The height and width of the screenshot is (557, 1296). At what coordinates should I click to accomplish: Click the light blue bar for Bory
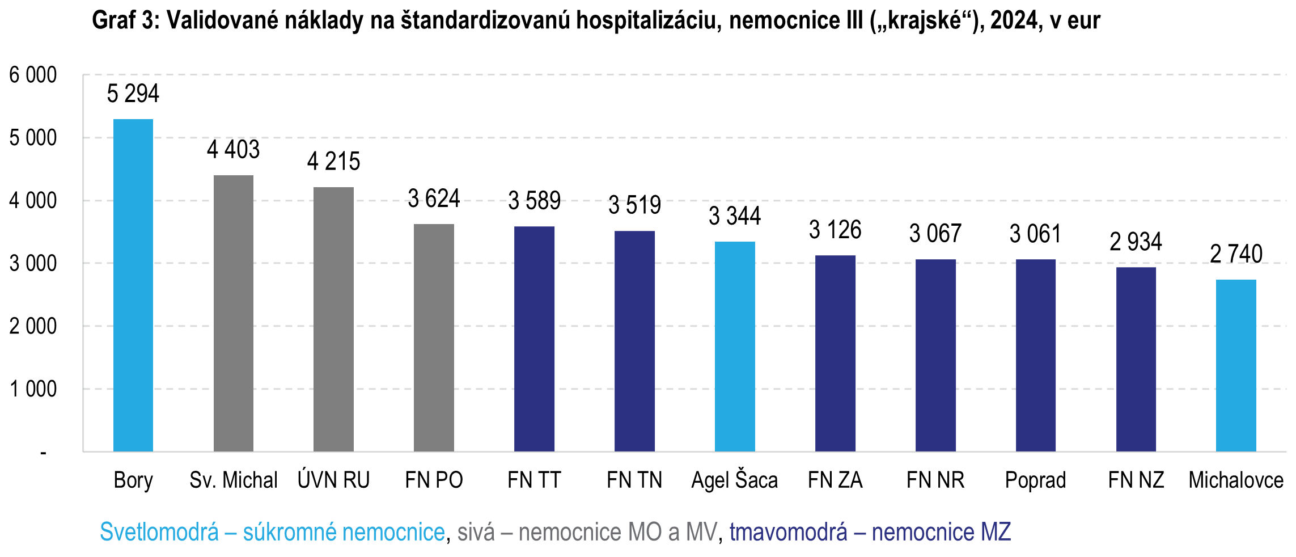133,285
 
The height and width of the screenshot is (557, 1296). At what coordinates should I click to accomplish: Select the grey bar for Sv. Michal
234,313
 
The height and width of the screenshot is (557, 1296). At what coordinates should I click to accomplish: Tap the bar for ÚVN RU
333,319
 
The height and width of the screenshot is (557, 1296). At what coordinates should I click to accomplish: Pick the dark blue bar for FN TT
534,339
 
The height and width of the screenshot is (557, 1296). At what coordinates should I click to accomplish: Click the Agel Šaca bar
735,347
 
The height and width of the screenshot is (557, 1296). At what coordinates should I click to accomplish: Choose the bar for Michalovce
1236,365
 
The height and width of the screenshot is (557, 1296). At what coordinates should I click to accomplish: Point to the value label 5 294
133,94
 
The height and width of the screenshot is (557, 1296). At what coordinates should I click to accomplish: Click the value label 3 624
434,199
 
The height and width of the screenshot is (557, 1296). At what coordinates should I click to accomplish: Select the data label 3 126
835,230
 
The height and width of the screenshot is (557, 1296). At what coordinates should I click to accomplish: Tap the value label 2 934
1136,242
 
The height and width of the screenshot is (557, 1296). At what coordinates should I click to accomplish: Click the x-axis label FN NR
935,480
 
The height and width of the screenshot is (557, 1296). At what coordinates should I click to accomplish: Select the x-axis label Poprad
1035,480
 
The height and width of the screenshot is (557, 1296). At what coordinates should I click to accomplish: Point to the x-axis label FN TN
634,480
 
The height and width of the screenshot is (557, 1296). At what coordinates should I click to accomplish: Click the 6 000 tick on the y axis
33,75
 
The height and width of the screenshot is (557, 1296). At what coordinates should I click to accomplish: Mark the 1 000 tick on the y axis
33,389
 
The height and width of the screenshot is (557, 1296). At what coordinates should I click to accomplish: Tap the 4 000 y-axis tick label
33,201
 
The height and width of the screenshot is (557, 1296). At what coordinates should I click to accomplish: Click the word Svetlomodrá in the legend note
159,532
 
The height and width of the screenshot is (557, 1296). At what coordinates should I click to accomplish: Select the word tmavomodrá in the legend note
788,532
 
